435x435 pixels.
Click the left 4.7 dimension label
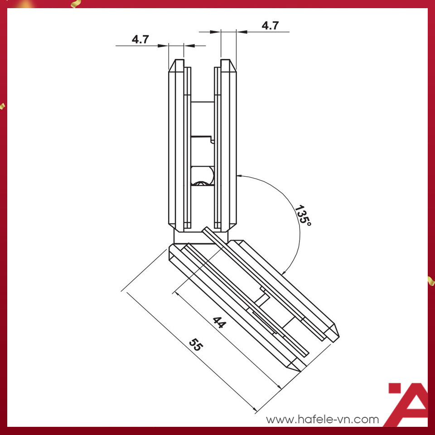click(x=140, y=39)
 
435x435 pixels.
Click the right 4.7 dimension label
click(x=270, y=26)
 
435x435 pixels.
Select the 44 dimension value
click(x=219, y=322)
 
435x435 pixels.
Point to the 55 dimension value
click(x=196, y=344)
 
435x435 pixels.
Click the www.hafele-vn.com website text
click(x=322, y=419)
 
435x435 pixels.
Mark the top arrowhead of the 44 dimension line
click(x=176, y=293)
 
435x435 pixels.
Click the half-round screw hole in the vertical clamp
click(x=203, y=176)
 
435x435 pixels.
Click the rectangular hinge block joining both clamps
click(x=201, y=237)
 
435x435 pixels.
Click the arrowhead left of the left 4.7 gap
click(x=163, y=46)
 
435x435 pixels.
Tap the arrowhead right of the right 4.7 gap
click(x=242, y=32)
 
